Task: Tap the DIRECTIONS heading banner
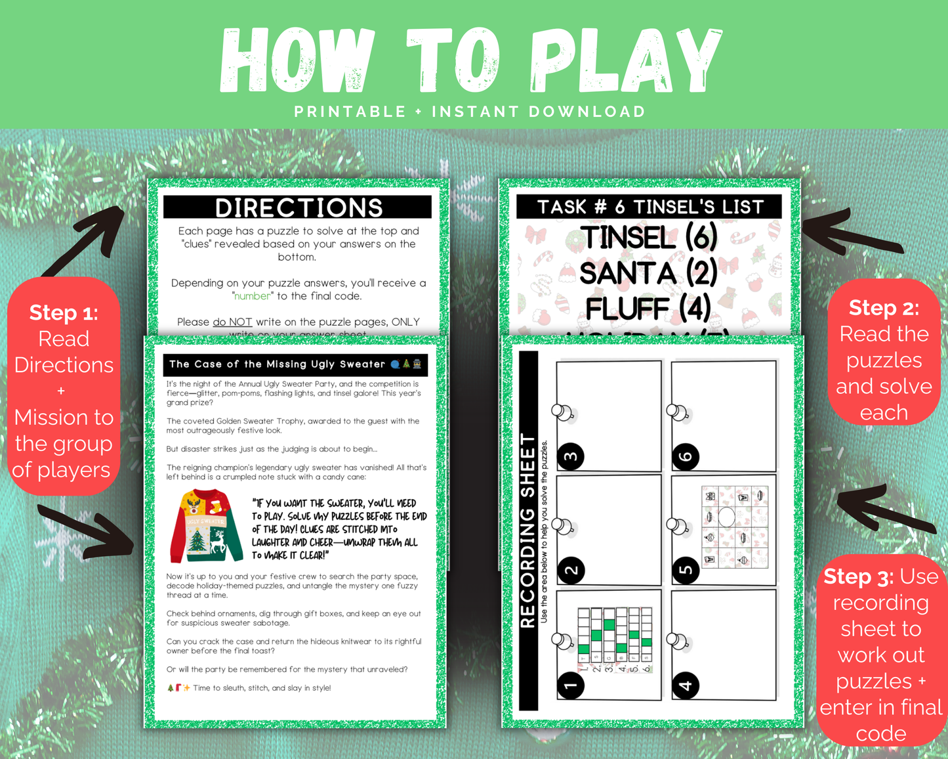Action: (x=299, y=207)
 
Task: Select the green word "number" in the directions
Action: (x=253, y=296)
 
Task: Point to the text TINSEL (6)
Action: (x=648, y=238)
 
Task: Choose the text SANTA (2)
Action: (x=648, y=273)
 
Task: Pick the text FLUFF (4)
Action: (x=648, y=308)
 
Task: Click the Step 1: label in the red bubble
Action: (x=64, y=313)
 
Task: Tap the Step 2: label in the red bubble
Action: (x=884, y=308)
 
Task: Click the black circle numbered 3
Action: (x=571, y=456)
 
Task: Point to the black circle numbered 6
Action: (x=686, y=456)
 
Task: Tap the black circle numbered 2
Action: (x=571, y=570)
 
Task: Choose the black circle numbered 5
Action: (x=686, y=570)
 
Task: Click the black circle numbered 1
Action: (x=571, y=685)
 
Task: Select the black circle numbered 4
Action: (x=686, y=685)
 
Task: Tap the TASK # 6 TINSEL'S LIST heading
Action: (x=650, y=207)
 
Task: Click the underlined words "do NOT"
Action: (x=232, y=322)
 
